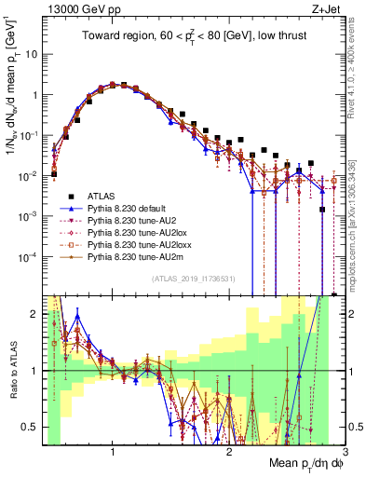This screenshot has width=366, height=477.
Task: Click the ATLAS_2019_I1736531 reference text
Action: pos(193,279)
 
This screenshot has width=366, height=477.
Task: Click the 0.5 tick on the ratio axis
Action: pos(30,427)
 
